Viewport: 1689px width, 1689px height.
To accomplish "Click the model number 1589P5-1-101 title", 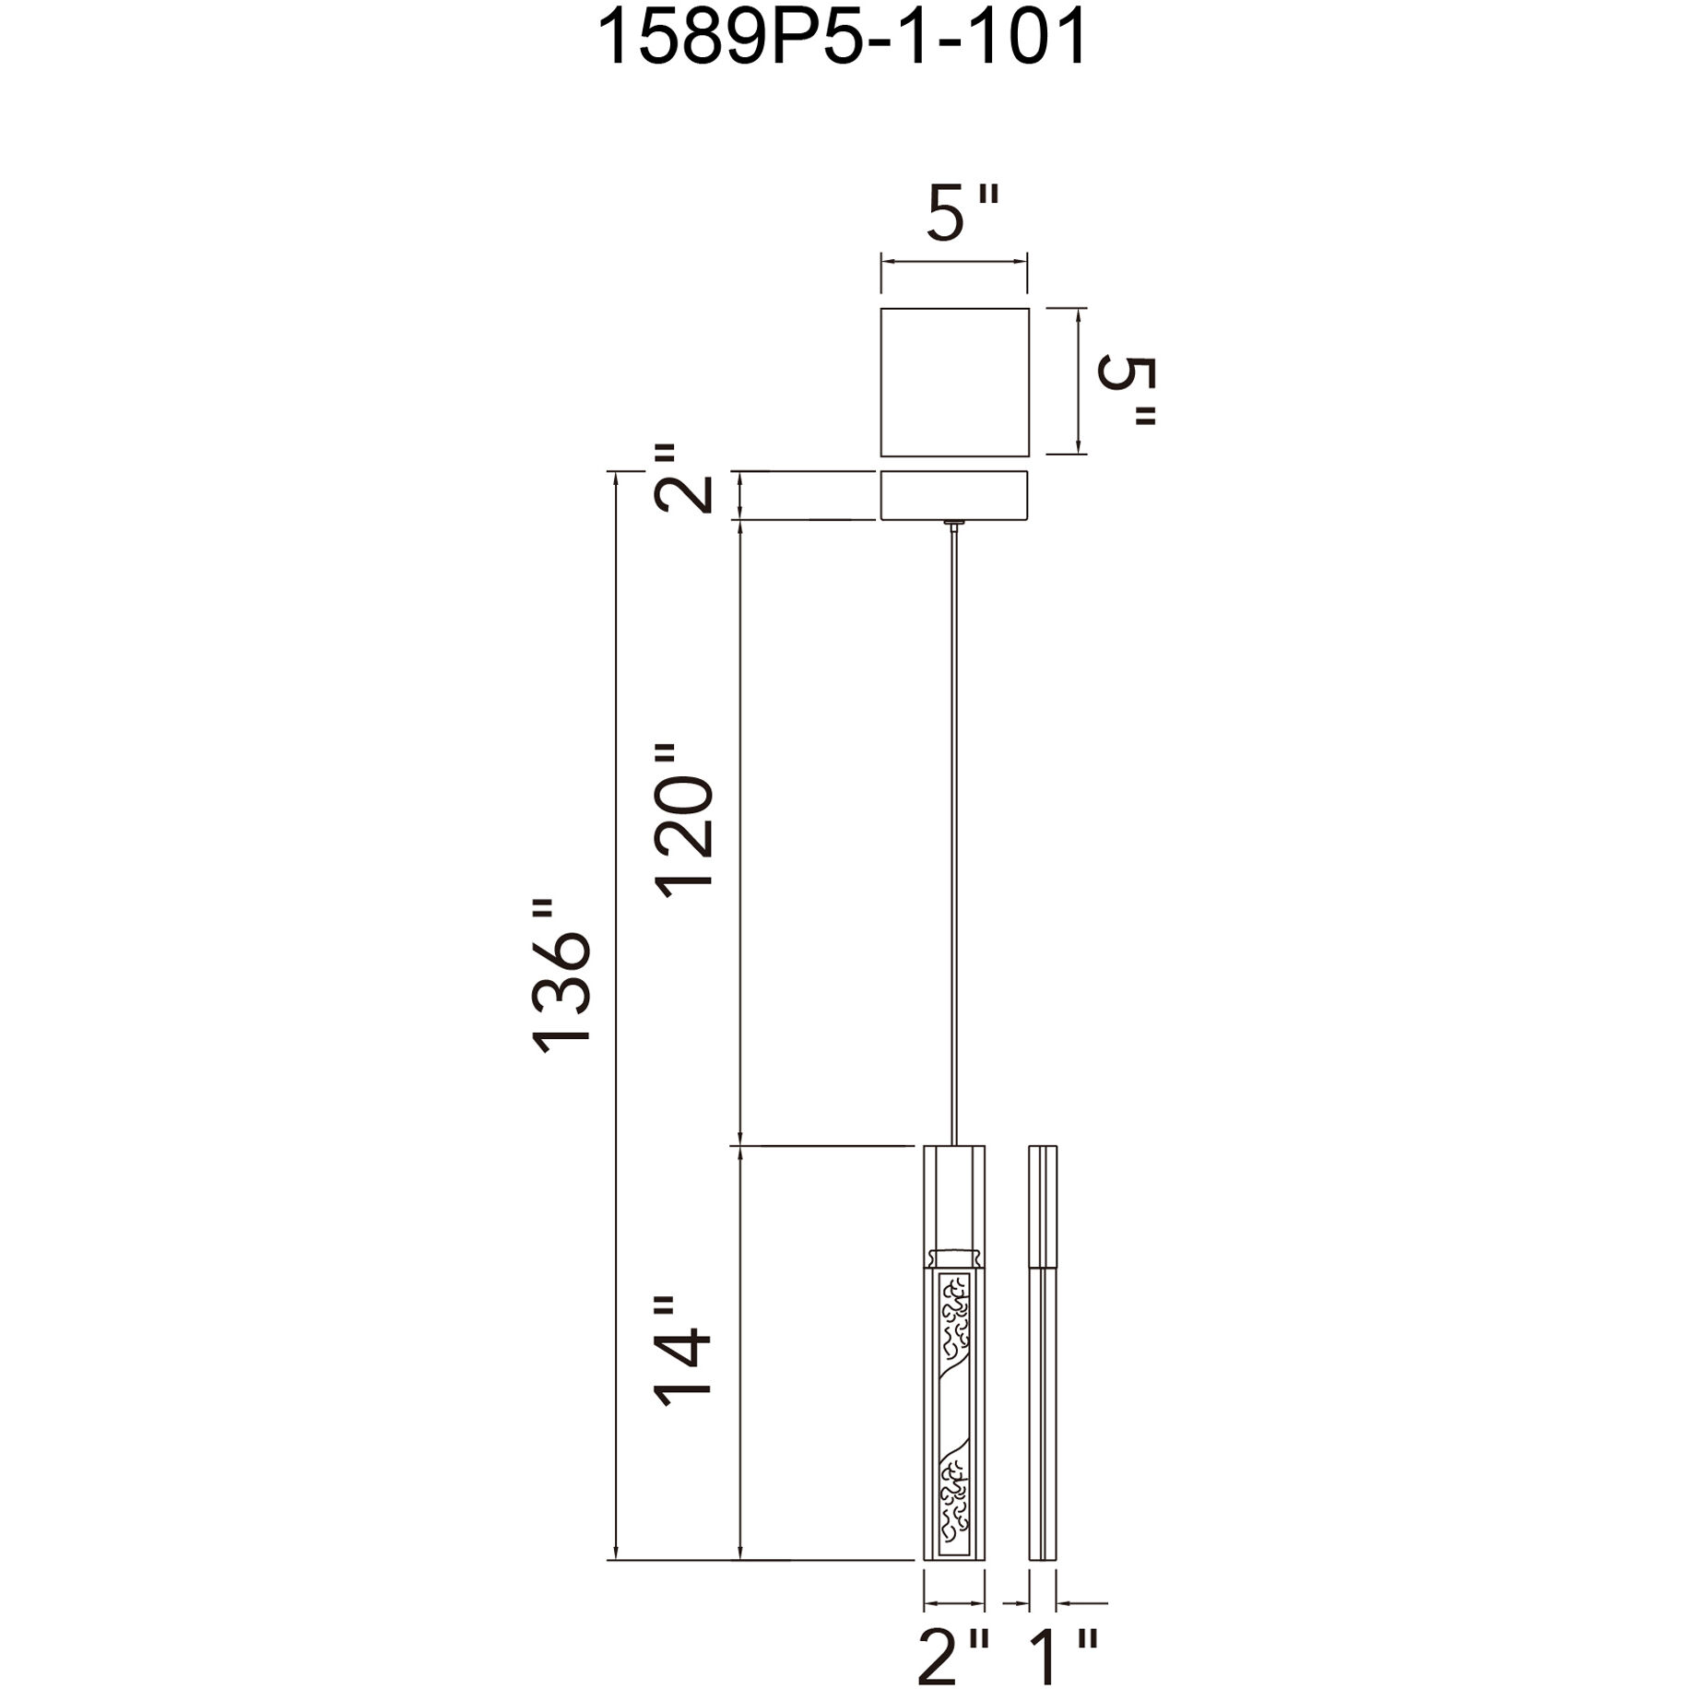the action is [843, 39].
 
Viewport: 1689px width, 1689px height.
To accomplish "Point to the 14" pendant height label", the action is [684, 1350].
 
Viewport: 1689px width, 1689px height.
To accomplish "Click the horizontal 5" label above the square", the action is [962, 213].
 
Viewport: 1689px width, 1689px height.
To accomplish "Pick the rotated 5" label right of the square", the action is [1126, 391].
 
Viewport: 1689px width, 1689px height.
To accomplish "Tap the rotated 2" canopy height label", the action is [684, 478].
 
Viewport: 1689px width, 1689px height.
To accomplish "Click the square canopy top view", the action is [954, 382].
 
